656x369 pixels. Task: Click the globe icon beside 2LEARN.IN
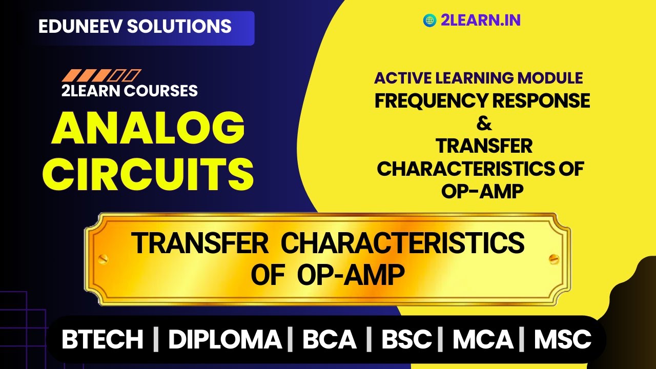tap(429, 20)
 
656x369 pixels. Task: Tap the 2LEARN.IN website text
tap(480, 20)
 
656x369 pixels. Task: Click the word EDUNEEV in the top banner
tap(79, 26)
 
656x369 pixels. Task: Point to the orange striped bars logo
tap(101, 76)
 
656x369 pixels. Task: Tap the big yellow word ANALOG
tap(148, 129)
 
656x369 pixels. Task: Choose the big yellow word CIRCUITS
tap(152, 173)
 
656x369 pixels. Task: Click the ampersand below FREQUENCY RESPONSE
tap(483, 124)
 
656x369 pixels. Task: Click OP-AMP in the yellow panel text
tap(482, 191)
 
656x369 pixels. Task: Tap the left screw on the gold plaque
tap(103, 259)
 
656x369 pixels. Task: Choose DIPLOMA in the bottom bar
tap(224, 339)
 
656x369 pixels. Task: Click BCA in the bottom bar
tap(329, 339)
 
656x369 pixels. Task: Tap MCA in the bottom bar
tap(483, 339)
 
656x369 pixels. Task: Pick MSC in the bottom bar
tap(562, 339)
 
